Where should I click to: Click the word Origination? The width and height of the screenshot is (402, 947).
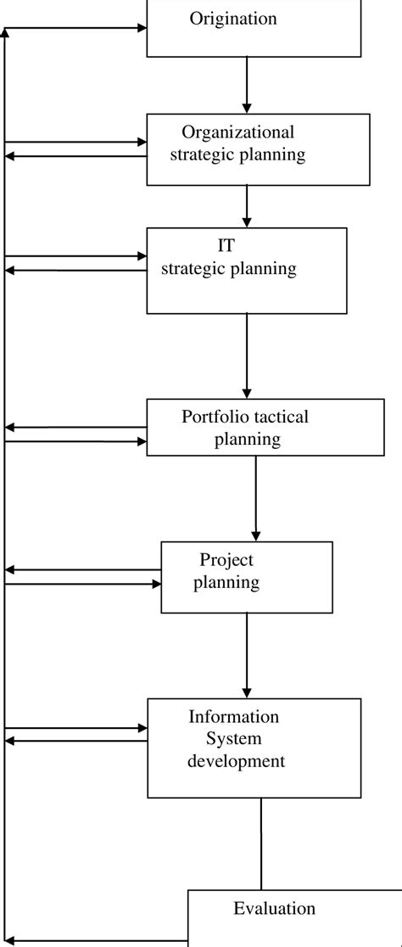click(x=233, y=19)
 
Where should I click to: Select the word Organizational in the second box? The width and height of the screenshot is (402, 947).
click(x=238, y=132)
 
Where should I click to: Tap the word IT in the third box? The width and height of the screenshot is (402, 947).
click(x=227, y=246)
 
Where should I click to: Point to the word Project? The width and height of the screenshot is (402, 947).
click(x=226, y=559)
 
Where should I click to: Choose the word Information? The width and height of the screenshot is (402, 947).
click(x=233, y=717)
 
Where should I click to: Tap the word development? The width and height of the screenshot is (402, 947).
click(x=237, y=761)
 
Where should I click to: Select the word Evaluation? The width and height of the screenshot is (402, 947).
click(x=274, y=909)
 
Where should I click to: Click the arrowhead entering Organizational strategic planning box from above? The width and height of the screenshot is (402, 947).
click(x=247, y=108)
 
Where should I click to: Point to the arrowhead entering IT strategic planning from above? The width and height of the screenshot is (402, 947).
click(x=247, y=221)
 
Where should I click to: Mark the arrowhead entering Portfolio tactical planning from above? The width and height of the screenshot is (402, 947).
click(x=247, y=392)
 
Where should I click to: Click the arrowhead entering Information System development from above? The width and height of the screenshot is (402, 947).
click(x=247, y=691)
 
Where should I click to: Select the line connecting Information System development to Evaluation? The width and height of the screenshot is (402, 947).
click(x=260, y=844)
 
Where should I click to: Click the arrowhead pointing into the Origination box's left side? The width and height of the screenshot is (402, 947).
click(x=141, y=28)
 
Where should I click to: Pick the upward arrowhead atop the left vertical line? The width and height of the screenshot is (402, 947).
click(x=6, y=34)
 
